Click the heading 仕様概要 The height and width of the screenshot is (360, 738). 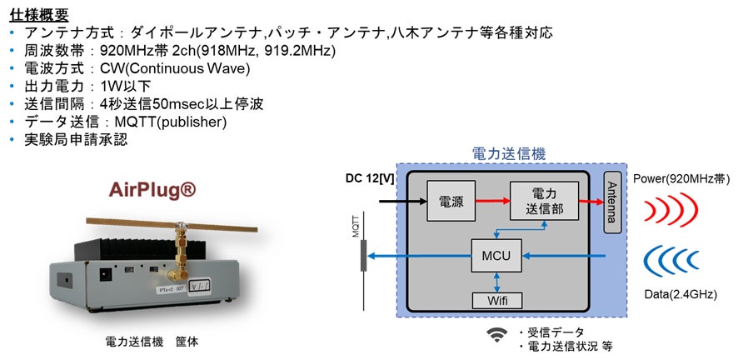coord(39,14)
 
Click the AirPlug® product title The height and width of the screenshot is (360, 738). coord(153,191)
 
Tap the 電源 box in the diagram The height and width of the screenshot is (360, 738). coord(451,201)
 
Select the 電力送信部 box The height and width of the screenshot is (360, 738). coord(544,201)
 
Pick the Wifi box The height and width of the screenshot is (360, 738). coord(497,300)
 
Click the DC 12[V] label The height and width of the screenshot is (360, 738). coord(371,178)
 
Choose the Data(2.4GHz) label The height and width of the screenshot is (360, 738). coord(681,294)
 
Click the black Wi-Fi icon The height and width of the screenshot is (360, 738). coord(497,334)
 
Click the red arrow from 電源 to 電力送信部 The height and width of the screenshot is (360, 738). coord(492,201)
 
